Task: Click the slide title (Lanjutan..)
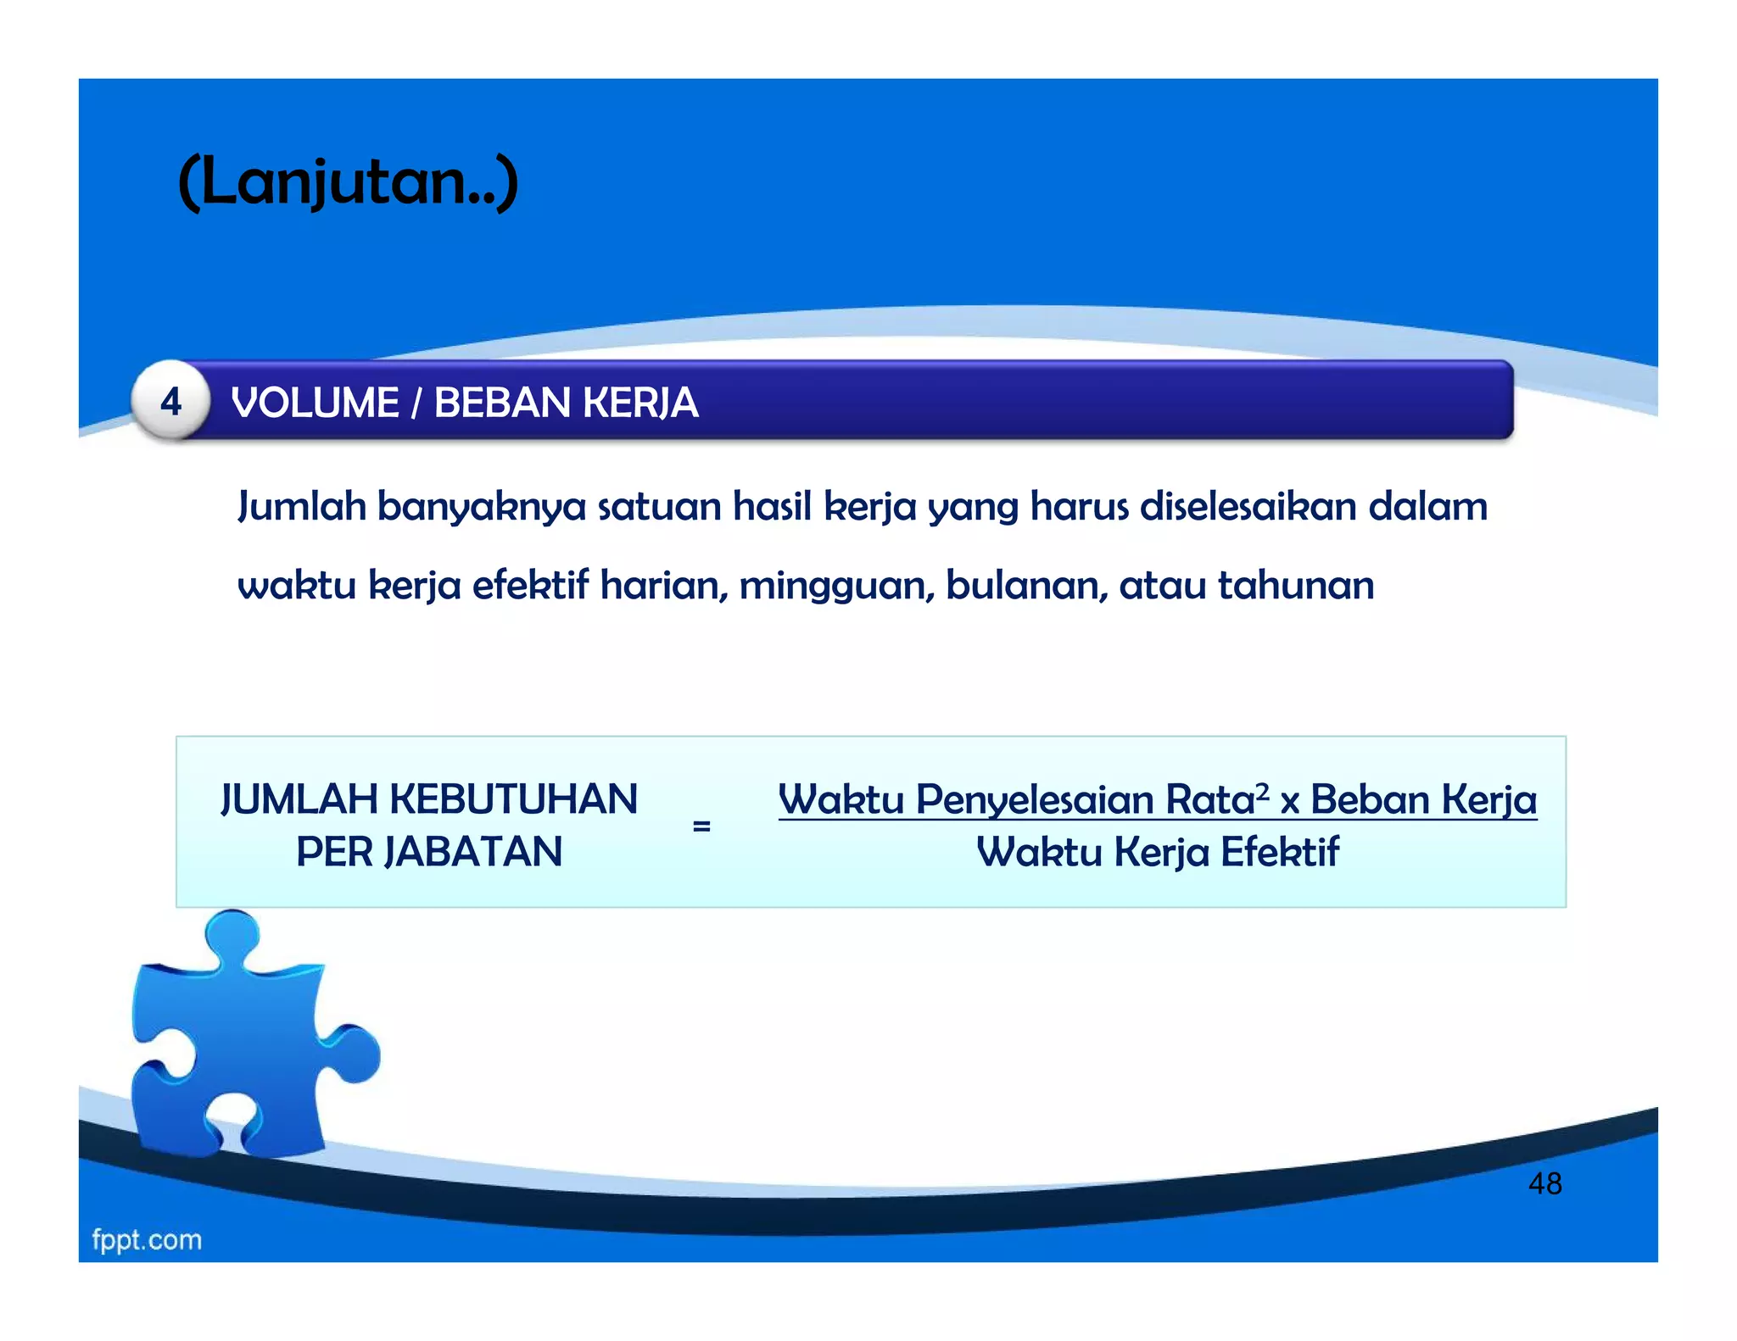pyautogui.click(x=348, y=181)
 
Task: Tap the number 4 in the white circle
pyautogui.click(x=171, y=402)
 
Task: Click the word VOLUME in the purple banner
pyautogui.click(x=315, y=403)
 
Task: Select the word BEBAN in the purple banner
pyautogui.click(x=501, y=403)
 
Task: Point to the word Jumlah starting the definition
pyautogui.click(x=301, y=507)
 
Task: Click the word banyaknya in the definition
pyautogui.click(x=481, y=507)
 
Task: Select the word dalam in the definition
pyautogui.click(x=1428, y=506)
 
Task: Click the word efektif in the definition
pyautogui.click(x=530, y=585)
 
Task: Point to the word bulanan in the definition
pyautogui.click(x=1026, y=585)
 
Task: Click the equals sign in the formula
pyautogui.click(x=701, y=826)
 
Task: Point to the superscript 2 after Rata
pyautogui.click(x=1262, y=792)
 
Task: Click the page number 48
pyautogui.click(x=1544, y=1183)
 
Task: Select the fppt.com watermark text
pyautogui.click(x=147, y=1240)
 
